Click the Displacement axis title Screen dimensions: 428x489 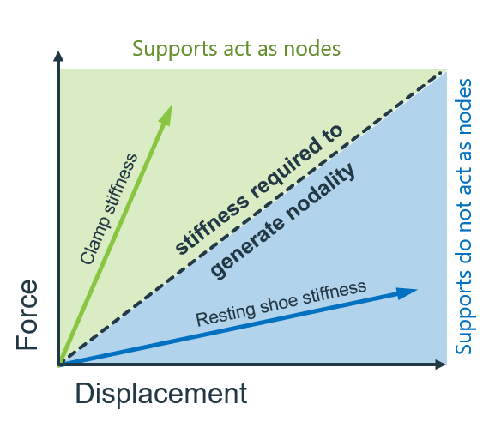(x=160, y=394)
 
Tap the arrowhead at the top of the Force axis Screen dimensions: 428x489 (x=58, y=57)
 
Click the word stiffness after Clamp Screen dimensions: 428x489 (x=121, y=186)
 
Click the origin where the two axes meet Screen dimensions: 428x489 (x=59, y=365)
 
